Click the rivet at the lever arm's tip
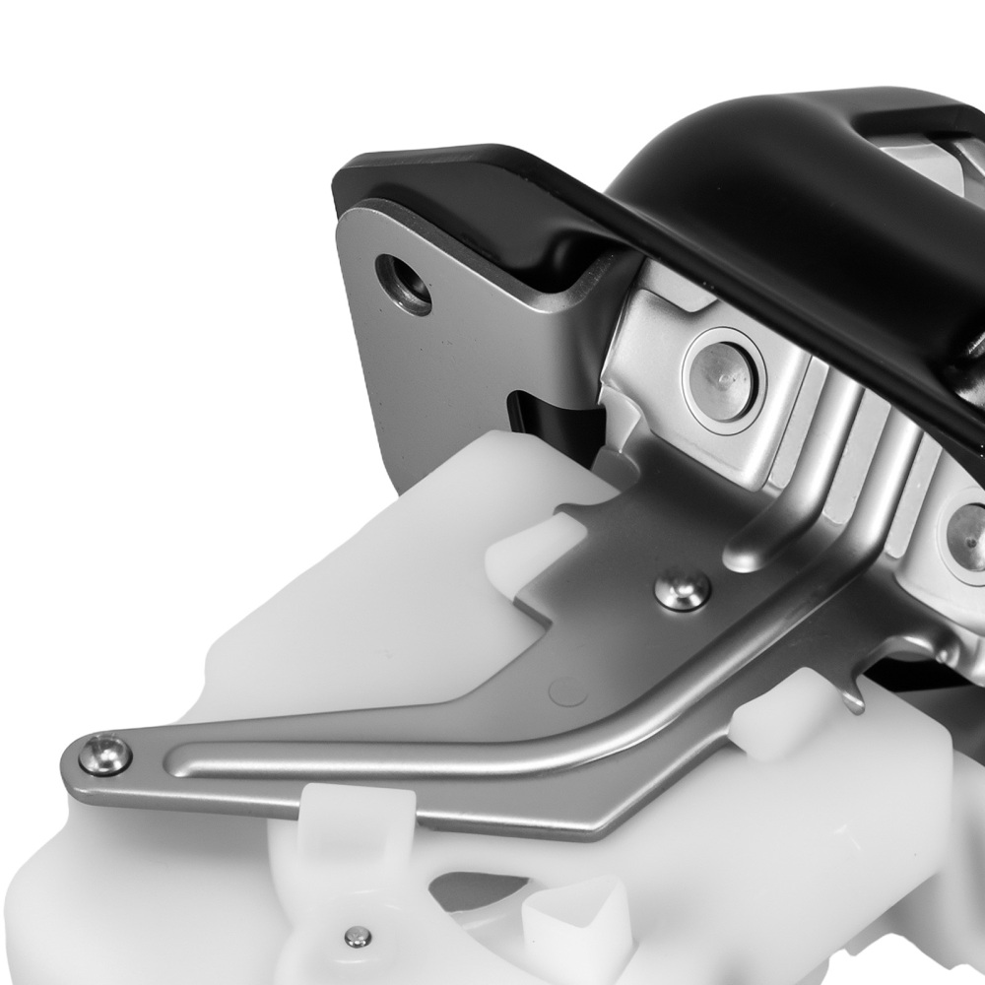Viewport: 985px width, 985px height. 105,754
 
